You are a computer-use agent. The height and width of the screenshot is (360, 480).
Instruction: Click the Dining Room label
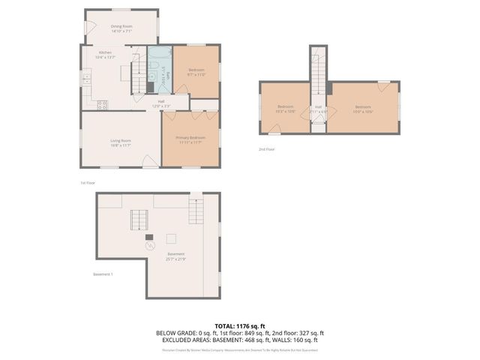121,28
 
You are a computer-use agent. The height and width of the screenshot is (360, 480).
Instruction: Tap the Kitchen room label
105,54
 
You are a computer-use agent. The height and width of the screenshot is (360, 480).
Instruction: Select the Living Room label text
121,143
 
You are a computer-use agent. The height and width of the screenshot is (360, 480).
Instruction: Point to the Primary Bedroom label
190,139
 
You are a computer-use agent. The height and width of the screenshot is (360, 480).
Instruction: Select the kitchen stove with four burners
102,105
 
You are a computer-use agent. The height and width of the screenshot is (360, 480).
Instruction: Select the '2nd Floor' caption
266,149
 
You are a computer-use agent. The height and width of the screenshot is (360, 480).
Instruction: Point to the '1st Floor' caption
88,182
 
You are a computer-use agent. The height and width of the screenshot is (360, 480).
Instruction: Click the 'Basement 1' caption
103,274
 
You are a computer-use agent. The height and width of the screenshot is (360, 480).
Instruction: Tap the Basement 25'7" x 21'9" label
176,256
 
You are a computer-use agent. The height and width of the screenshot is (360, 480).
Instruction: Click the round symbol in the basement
149,245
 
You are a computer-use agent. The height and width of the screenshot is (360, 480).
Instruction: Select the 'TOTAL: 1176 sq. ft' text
240,325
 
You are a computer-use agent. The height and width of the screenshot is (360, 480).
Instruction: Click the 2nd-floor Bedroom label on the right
363,109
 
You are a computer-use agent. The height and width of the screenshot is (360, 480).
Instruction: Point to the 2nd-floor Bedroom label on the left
286,109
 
